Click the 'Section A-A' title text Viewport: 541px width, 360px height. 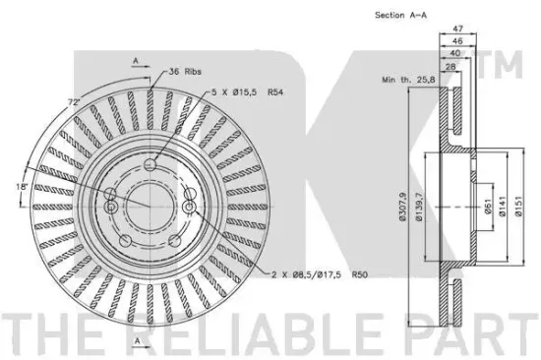[400, 15]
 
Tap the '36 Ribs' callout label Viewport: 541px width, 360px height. [185, 72]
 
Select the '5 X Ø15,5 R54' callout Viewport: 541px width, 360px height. [247, 92]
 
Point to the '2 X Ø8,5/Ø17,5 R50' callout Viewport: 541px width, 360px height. [320, 274]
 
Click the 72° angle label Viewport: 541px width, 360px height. [74, 102]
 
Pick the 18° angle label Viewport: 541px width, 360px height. [22, 186]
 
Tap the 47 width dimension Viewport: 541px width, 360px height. [457, 29]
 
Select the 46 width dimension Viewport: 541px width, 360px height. [457, 40]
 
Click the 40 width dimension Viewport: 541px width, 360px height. [455, 53]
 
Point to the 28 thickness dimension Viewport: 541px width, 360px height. [451, 67]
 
